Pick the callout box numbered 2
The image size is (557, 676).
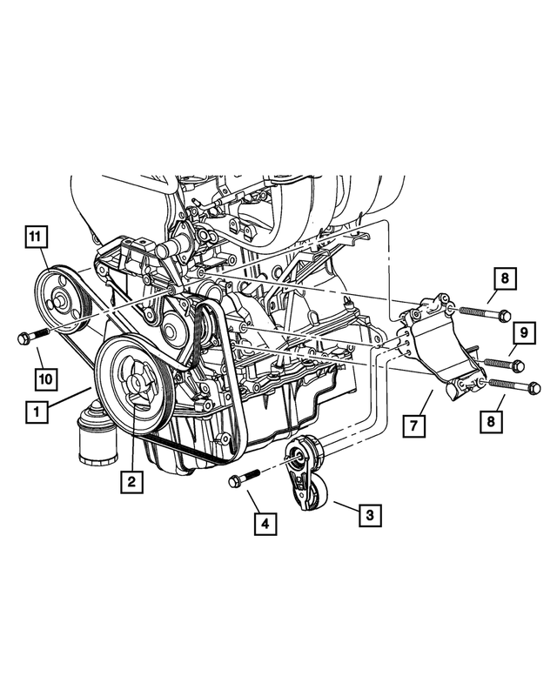click(x=131, y=480)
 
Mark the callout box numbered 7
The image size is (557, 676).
click(x=414, y=425)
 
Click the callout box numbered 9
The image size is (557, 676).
click(x=524, y=331)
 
